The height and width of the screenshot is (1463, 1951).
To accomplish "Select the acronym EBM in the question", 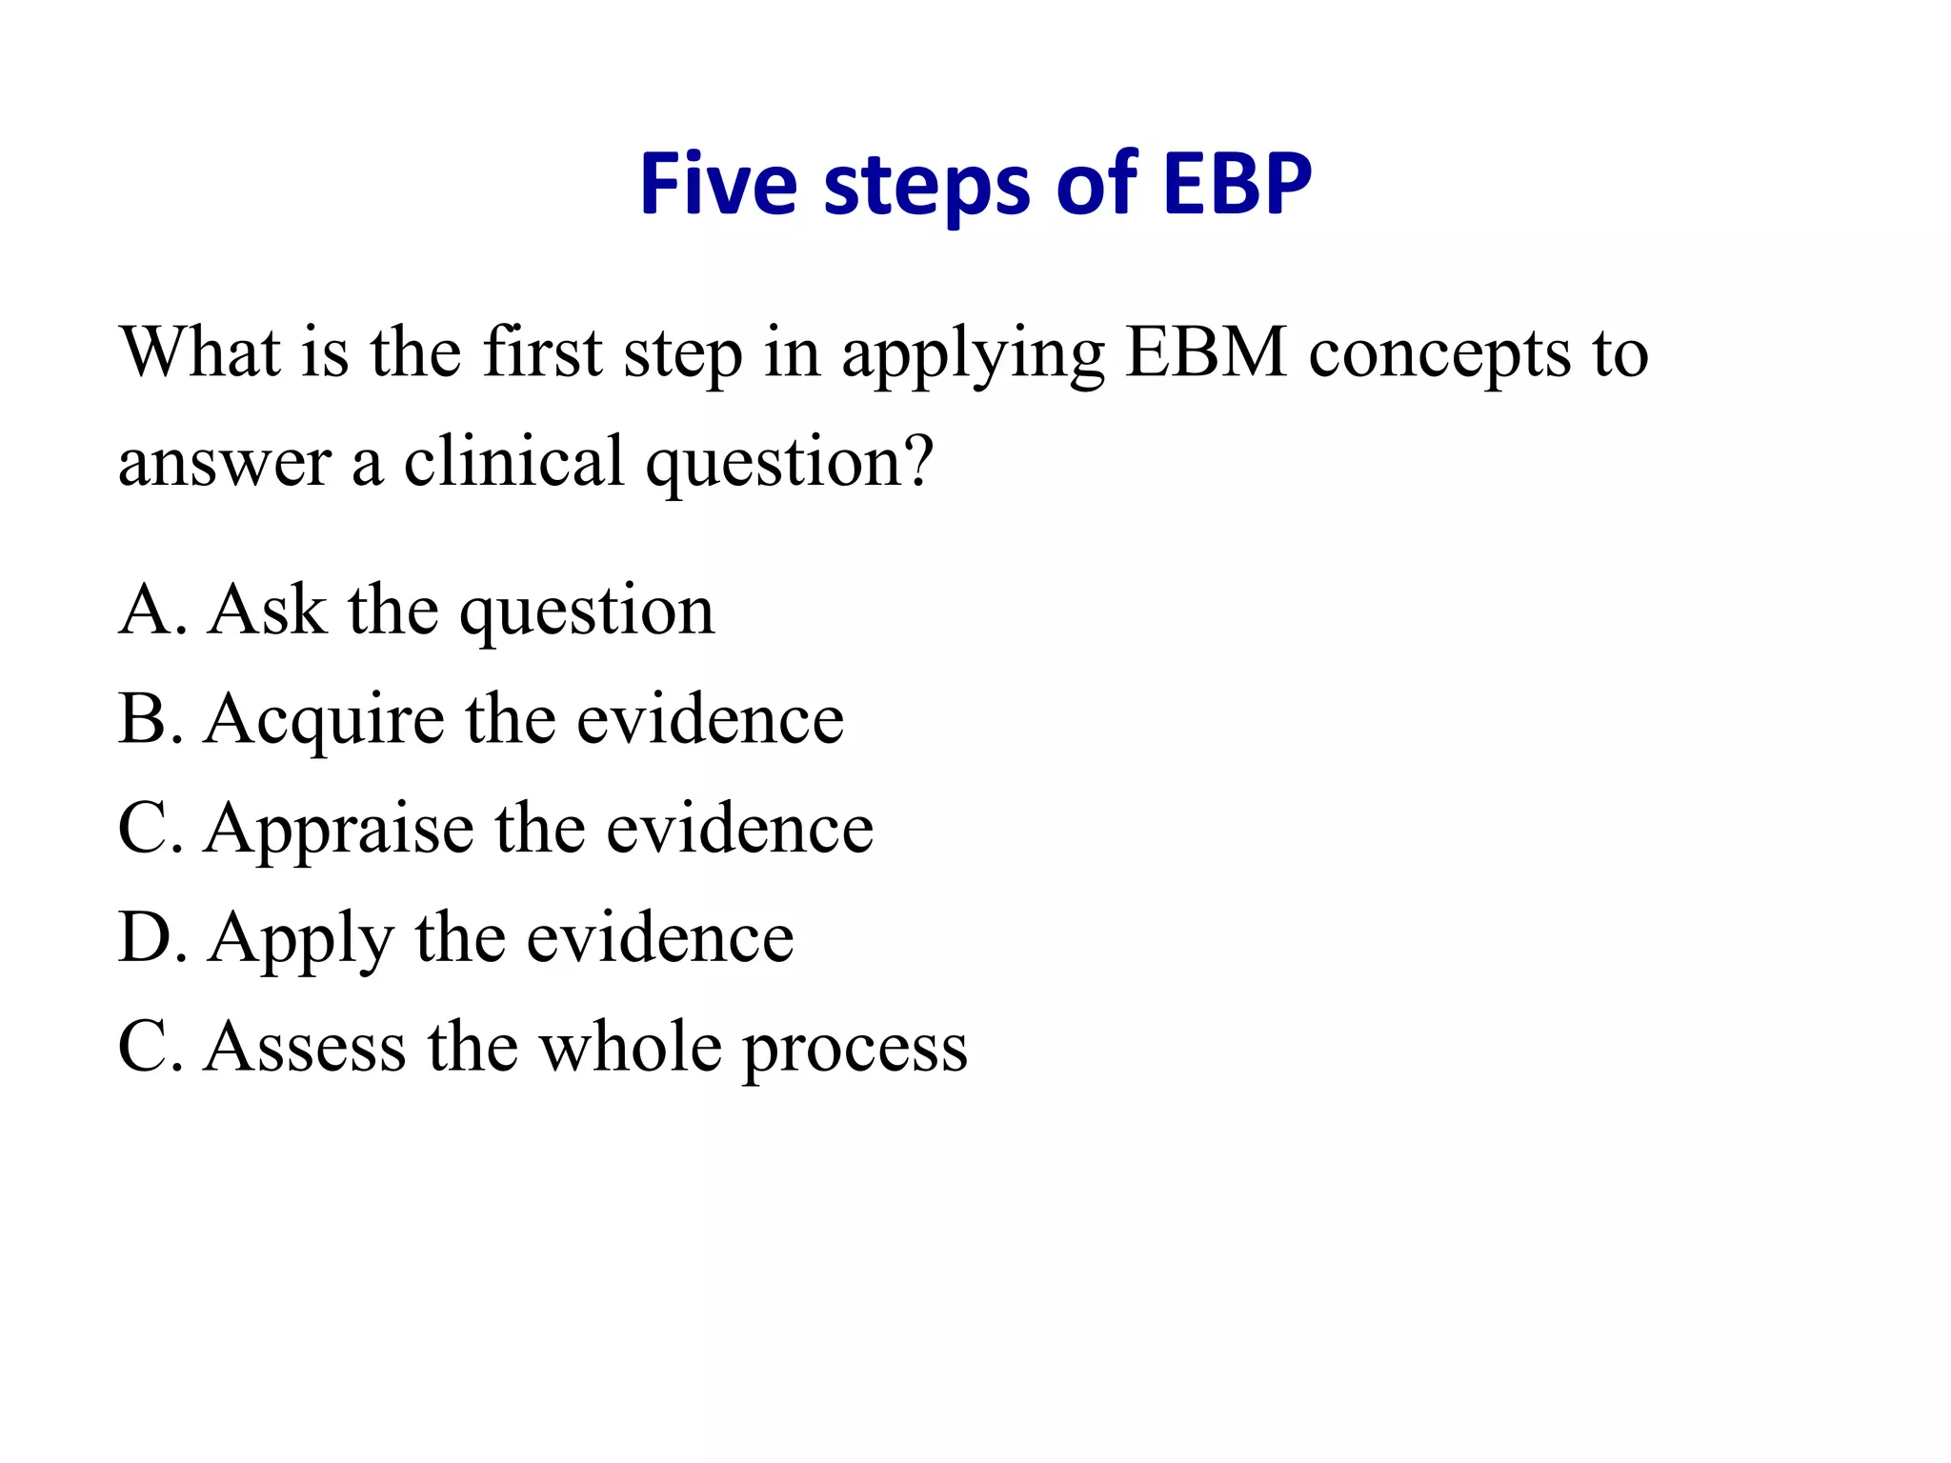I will pos(1206,353).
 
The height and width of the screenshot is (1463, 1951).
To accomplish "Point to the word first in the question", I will pos(543,353).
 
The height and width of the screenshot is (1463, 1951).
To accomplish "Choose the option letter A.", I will pos(142,611).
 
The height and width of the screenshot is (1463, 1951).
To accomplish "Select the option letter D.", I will pos(141,938).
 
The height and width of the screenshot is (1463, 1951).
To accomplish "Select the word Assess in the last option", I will pos(305,1048).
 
